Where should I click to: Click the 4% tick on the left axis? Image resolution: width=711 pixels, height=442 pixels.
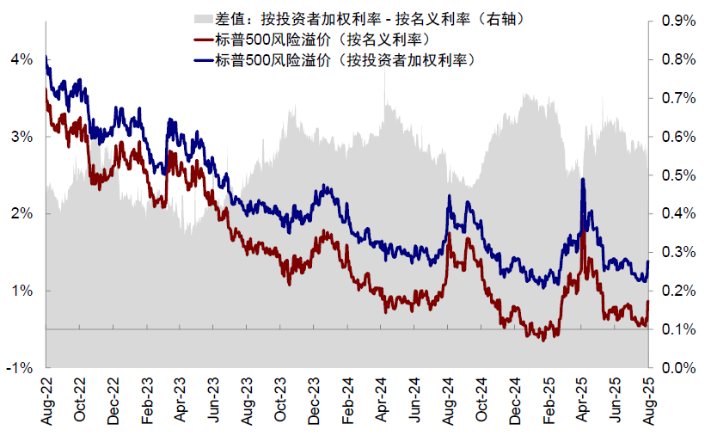[21, 59]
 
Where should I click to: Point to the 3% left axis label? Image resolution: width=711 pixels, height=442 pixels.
[21, 137]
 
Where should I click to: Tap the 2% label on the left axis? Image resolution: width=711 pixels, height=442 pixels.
[21, 214]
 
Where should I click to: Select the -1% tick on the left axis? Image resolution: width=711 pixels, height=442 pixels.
[20, 368]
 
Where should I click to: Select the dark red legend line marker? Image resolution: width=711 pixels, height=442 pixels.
[204, 40]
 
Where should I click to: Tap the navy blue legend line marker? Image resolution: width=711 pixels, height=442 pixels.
[204, 60]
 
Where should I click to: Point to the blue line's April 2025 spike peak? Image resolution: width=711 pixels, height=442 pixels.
[583, 179]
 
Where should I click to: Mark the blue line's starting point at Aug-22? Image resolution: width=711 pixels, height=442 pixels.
[46, 57]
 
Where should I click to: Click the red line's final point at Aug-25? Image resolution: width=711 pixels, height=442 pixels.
[647, 302]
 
